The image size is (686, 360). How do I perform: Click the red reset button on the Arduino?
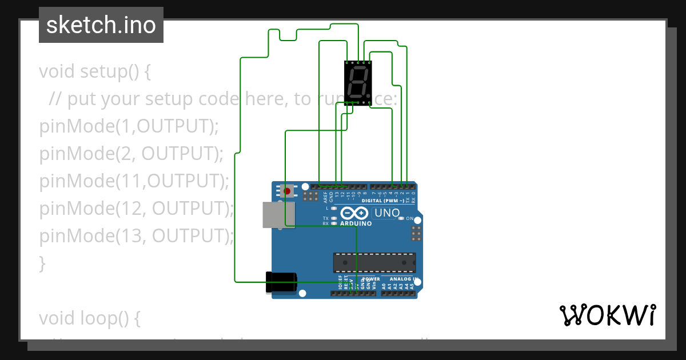288,190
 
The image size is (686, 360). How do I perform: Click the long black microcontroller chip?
374,262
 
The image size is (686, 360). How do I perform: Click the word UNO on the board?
387,214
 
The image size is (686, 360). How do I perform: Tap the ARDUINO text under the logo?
356,223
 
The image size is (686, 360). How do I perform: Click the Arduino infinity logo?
355,214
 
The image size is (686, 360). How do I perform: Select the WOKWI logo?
607,315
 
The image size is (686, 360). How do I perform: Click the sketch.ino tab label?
101,25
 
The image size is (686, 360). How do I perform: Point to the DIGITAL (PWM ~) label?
388,201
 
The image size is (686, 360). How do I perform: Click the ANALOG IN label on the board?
401,279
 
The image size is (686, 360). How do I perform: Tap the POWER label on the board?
371,279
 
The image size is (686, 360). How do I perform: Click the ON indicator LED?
402,218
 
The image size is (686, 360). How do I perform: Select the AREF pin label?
325,197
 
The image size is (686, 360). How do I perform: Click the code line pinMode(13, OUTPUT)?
137,235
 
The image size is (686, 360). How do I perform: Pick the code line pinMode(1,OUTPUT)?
129,126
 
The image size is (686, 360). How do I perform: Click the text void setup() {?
95,71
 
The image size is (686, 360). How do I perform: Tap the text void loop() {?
89,318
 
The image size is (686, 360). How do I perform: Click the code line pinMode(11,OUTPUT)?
134,181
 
